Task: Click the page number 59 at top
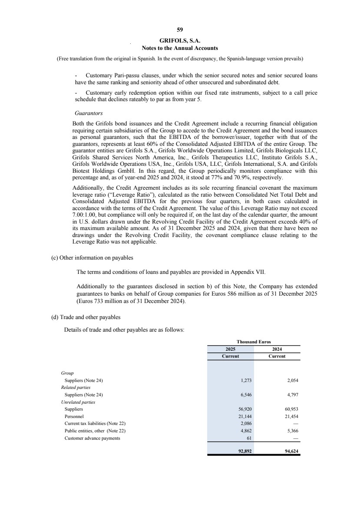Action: tap(180, 30)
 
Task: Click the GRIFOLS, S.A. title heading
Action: tap(180, 40)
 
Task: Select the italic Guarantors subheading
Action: tap(86, 112)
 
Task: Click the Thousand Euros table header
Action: tap(254, 342)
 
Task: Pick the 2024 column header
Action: tap(277, 349)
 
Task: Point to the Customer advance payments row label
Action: tap(92, 438)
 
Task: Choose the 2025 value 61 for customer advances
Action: tap(250, 438)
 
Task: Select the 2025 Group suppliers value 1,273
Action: tap(247, 380)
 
